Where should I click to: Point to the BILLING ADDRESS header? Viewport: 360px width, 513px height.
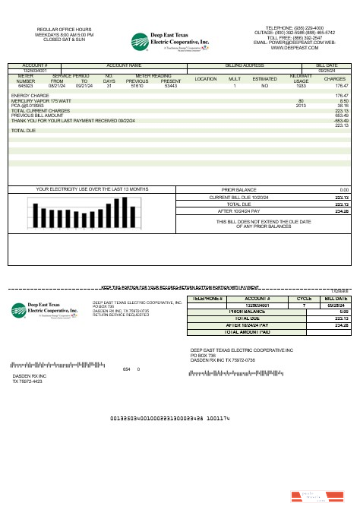(244, 66)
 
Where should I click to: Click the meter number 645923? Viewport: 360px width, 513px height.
(25, 87)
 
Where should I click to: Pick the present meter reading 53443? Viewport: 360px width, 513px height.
(171, 87)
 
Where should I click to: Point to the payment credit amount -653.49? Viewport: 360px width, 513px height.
(341, 120)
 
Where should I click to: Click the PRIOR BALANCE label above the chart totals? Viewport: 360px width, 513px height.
(238, 189)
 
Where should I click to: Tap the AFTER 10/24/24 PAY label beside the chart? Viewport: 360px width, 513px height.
(239, 211)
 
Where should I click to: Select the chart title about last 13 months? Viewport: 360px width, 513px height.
(82, 188)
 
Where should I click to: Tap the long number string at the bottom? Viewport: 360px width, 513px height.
(170, 419)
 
